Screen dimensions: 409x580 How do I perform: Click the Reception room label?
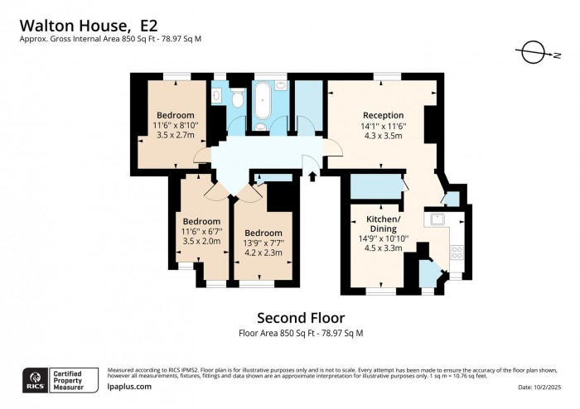click(383, 115)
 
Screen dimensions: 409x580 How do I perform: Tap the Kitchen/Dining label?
click(384, 224)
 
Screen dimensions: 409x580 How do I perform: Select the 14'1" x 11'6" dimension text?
click(383, 126)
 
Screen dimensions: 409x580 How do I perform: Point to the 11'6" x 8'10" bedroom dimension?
click(176, 125)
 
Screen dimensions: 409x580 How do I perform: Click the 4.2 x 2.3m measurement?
click(263, 253)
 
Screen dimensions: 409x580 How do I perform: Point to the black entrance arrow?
click(312, 175)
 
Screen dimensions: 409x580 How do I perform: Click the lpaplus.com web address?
click(129, 387)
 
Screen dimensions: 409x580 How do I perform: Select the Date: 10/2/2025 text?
click(543, 387)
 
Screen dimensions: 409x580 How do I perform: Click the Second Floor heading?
click(300, 318)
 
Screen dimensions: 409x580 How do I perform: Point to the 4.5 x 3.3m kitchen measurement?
click(384, 247)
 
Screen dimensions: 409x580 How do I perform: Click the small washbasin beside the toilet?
click(217, 97)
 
